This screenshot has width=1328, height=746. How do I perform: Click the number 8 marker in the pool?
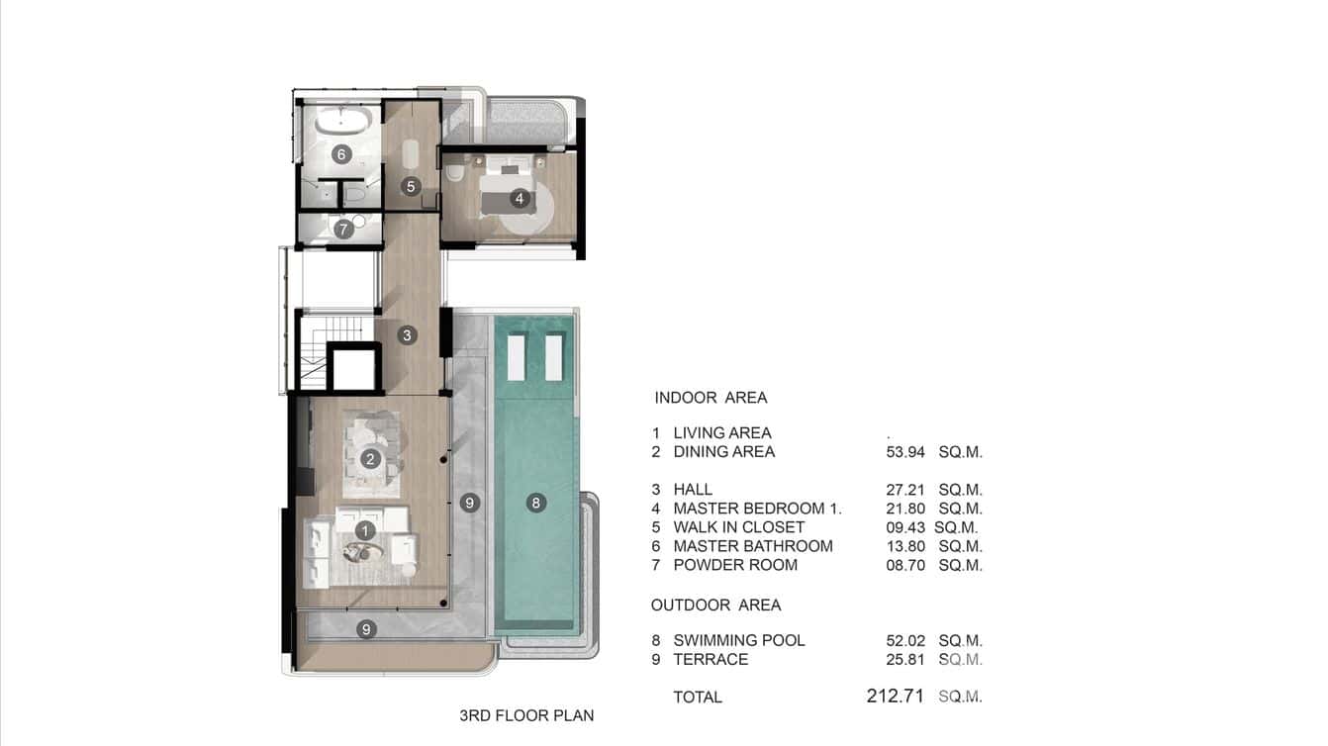pyautogui.click(x=535, y=503)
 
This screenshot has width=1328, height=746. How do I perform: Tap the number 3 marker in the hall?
pyautogui.click(x=407, y=335)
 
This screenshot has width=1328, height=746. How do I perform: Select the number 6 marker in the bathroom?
pyautogui.click(x=341, y=154)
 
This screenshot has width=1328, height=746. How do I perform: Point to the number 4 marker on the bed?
pyautogui.click(x=519, y=199)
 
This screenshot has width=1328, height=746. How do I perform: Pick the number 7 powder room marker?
pyautogui.click(x=343, y=230)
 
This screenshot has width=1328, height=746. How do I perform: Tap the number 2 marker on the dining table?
pyautogui.click(x=370, y=459)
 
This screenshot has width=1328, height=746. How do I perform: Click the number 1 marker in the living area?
pyautogui.click(x=365, y=531)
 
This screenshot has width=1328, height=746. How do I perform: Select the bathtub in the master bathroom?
pyautogui.click(x=343, y=124)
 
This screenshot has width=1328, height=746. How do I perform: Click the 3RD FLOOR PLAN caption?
pyautogui.click(x=526, y=715)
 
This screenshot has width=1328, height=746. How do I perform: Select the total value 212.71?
pyautogui.click(x=895, y=697)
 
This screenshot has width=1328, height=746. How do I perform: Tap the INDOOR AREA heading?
pyautogui.click(x=711, y=398)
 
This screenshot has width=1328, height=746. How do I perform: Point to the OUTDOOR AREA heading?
pyautogui.click(x=715, y=605)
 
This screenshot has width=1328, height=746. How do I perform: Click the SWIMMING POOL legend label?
pyautogui.click(x=738, y=640)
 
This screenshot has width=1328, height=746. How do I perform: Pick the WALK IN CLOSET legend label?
pyautogui.click(x=738, y=527)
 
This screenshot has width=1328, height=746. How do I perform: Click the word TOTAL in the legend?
pyautogui.click(x=698, y=698)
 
